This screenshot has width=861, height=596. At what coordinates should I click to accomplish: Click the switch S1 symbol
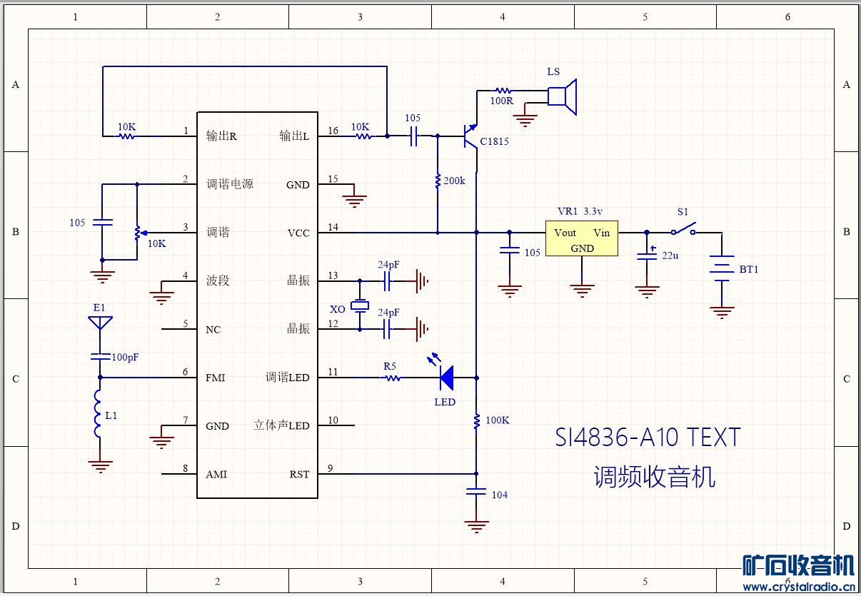point(684,231)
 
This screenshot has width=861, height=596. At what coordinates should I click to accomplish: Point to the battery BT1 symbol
point(722,269)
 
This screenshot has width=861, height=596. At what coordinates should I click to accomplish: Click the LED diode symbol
point(447,378)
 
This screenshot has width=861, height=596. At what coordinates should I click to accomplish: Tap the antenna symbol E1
point(99,323)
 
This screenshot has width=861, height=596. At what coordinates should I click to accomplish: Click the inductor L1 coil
point(99,415)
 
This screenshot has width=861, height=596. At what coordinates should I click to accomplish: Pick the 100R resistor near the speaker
point(503,91)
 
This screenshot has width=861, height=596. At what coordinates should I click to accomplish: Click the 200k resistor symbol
point(437,181)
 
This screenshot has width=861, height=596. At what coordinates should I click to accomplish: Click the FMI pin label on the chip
point(216,378)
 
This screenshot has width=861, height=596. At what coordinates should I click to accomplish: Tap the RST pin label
point(299,474)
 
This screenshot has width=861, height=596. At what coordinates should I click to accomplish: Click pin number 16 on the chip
point(333,131)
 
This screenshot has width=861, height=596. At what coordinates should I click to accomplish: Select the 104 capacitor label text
point(500,495)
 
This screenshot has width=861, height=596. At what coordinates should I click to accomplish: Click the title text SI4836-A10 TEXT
point(648,437)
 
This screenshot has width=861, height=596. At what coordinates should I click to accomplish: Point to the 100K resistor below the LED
point(476,421)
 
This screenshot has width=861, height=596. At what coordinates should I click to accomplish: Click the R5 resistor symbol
point(391,378)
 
